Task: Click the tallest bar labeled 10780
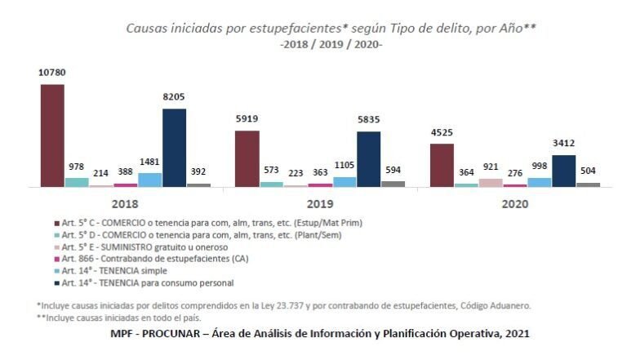click(52, 136)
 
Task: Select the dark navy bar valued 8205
click(174, 148)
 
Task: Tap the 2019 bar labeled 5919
click(247, 158)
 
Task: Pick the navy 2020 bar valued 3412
click(563, 171)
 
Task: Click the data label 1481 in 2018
click(149, 162)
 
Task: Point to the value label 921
click(491, 167)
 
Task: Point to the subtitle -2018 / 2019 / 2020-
click(331, 44)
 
